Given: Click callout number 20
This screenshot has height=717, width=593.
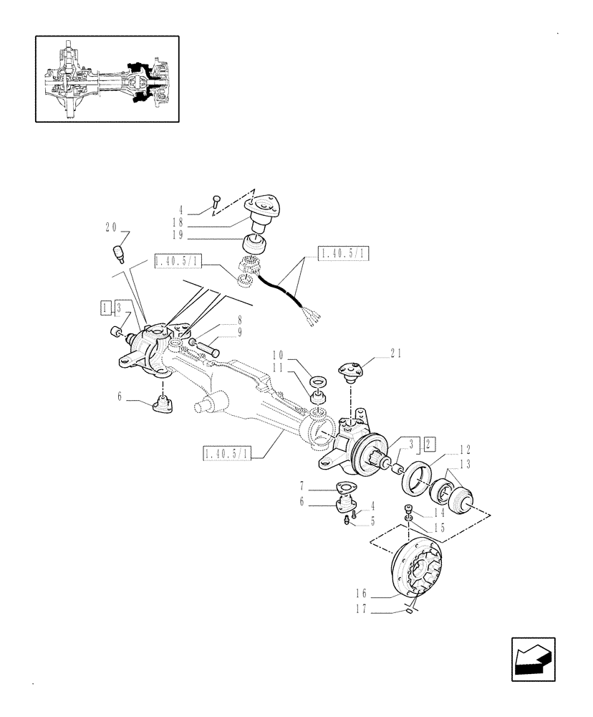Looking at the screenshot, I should (x=111, y=227).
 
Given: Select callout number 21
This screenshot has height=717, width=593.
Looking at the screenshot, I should (x=398, y=352).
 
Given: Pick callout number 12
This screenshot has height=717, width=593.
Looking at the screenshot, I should (x=464, y=450).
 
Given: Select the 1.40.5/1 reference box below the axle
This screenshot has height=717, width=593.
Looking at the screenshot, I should (x=227, y=453).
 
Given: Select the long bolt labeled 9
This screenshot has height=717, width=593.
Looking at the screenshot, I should (x=208, y=348).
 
